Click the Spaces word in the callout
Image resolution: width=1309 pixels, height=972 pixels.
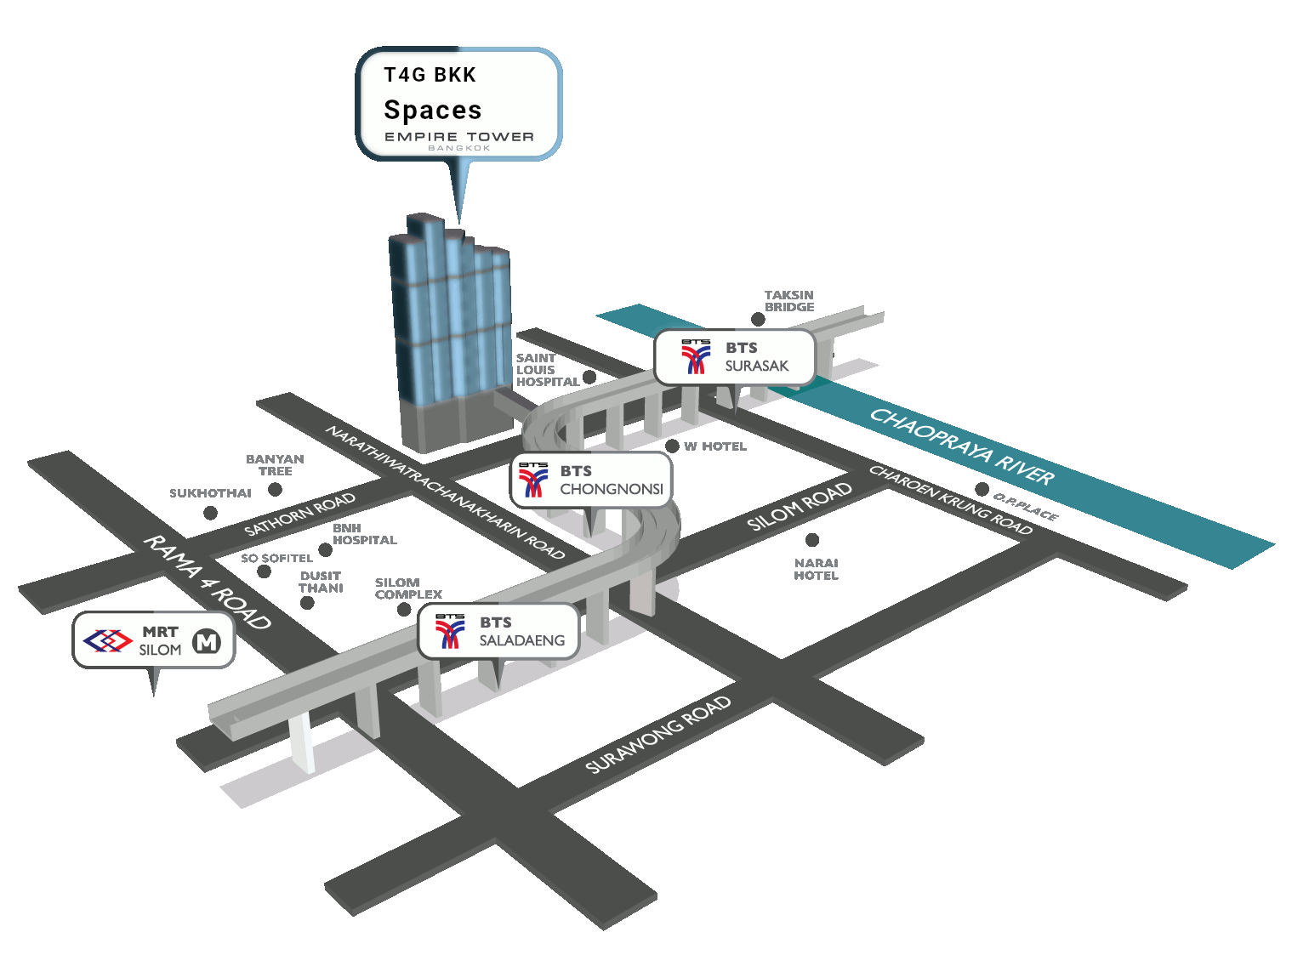click(x=433, y=111)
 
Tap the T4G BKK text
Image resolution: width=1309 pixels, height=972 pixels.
click(x=430, y=75)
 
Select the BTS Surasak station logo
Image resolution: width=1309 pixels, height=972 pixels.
click(x=696, y=357)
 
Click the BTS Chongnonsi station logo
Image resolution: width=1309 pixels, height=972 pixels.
click(x=533, y=480)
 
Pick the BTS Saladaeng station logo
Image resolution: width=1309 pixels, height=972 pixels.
click(x=450, y=631)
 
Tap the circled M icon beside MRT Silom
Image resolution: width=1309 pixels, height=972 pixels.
click(x=207, y=641)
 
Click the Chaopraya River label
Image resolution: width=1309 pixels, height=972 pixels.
click(x=962, y=447)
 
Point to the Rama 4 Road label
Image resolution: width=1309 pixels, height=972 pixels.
click(x=207, y=583)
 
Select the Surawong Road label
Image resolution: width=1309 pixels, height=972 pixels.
click(x=658, y=735)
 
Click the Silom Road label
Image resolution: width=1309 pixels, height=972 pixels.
click(x=799, y=506)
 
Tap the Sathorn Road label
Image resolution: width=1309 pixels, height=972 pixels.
click(x=299, y=514)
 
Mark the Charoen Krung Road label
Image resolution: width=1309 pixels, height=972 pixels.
click(x=950, y=500)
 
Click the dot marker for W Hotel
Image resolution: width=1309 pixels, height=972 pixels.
click(x=672, y=446)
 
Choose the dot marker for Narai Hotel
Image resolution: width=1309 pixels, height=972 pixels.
click(x=812, y=540)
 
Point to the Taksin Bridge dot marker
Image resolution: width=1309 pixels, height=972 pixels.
click(x=757, y=320)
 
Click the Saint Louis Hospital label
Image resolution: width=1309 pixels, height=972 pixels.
click(x=547, y=370)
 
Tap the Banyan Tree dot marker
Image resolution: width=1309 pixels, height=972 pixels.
click(x=275, y=490)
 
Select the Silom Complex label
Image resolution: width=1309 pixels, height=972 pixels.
click(x=408, y=588)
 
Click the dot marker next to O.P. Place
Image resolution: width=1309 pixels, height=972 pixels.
click(x=982, y=490)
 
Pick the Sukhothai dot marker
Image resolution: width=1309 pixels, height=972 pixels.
click(x=210, y=513)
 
